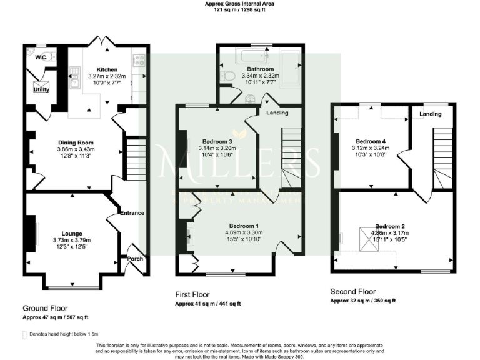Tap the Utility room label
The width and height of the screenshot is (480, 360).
click(41, 89)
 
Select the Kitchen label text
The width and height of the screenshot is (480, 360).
click(107, 69)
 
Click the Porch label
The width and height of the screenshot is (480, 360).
click(135, 258)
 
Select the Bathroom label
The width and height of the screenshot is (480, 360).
click(259, 69)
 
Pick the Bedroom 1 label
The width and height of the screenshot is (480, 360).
click(239, 226)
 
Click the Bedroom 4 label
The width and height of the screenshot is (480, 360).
click(370, 141)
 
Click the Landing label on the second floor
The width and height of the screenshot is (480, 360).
click(431, 114)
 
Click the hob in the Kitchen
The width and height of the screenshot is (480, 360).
click(139, 61)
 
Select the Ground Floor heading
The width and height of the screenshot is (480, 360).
click(45, 308)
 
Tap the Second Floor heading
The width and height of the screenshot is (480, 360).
click(353, 291)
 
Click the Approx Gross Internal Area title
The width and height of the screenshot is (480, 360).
click(239, 4)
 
